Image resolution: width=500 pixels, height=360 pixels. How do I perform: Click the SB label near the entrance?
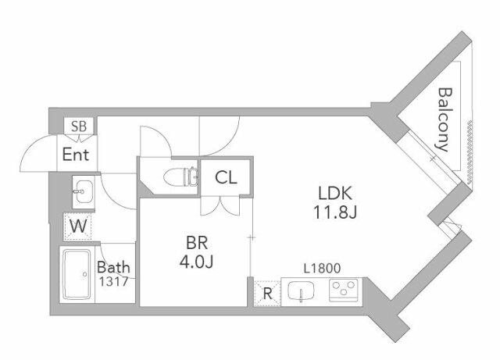pos(79,127)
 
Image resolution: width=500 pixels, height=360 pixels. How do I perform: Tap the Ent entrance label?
pos(76,155)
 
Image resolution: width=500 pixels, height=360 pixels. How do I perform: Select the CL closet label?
pos(226,177)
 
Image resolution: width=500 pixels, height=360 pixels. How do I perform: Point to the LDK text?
pos(335,193)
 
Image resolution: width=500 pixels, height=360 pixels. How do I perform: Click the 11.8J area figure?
pos(335,212)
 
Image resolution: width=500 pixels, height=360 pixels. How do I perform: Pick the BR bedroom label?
pos(197,243)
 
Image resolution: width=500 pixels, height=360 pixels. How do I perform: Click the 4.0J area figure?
pos(196,262)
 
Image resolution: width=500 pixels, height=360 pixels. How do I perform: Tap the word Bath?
pos(113,267)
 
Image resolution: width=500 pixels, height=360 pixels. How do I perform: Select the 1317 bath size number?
pos(113,282)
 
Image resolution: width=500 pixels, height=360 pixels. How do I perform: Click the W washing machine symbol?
pos(78,226)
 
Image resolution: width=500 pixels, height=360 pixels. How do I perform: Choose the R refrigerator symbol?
pos(267,294)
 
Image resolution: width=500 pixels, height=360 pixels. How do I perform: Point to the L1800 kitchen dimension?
pos(322,269)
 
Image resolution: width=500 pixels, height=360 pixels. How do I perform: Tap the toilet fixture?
pos(180,176)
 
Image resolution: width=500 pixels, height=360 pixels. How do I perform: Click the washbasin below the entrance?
pos(84,191)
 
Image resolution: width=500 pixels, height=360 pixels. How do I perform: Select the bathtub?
pos(77,274)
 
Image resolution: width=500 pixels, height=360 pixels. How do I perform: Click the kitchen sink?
pos(301,290)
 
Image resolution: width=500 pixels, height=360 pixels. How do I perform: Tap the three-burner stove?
pos(344,290)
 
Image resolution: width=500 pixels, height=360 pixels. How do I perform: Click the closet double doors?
pos(220,206)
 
